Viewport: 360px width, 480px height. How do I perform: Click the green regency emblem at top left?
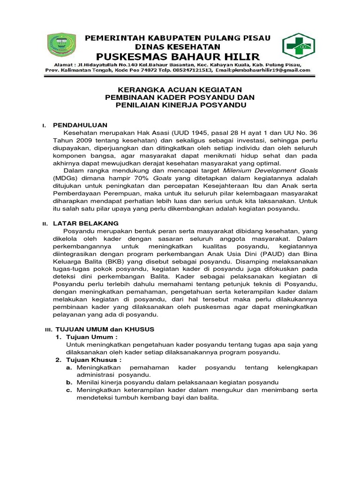pos(61,48)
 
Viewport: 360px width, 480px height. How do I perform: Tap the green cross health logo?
pos(299,48)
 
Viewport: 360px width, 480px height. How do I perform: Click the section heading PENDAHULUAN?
pos(80,125)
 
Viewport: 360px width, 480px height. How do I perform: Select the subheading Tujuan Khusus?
pos(94,360)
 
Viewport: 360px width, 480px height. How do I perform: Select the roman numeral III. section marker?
pos(48,330)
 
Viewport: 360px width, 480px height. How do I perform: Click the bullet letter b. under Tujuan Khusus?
pos(68,382)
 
